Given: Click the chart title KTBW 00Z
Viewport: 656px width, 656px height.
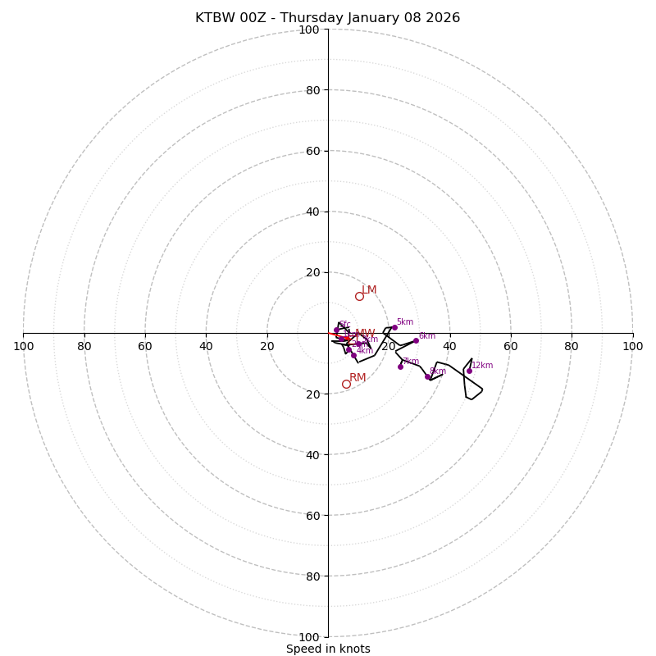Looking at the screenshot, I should (327, 18).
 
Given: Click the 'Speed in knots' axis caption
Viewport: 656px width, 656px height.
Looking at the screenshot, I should (328, 649).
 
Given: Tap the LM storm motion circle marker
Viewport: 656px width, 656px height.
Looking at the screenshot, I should (359, 296).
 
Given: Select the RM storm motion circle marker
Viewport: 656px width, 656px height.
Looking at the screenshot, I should (346, 384).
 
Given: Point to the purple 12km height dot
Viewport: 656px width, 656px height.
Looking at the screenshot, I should (469, 371).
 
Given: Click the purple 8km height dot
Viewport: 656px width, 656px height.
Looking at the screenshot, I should (427, 376).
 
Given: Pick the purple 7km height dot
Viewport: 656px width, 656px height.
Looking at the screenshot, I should (400, 367).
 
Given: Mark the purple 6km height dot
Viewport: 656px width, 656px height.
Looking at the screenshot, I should (416, 340).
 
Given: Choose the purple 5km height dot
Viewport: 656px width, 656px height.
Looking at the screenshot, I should (394, 327).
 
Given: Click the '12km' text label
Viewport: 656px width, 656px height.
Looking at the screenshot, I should (482, 366).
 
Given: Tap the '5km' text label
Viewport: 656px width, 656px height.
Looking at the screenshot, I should (405, 322).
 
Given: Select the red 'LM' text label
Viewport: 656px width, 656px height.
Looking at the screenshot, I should (369, 290).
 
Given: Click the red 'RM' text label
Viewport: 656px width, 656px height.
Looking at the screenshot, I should (358, 378).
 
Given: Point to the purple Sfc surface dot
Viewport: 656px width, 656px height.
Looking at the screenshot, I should (336, 330).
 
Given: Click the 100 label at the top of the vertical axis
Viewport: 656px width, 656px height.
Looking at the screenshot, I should (308, 30).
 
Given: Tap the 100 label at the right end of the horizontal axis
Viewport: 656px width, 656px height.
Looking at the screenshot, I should (632, 346).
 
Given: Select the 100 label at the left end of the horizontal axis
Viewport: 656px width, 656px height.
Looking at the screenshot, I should (24, 346).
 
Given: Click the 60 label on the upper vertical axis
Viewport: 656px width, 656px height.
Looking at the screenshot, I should (312, 151).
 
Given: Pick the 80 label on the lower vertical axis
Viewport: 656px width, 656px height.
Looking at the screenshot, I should (312, 576).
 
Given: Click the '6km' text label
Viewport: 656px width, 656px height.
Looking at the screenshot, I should (427, 336).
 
